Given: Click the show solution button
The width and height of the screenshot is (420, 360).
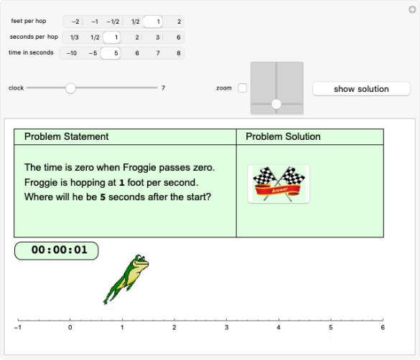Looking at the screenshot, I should pos(361,89).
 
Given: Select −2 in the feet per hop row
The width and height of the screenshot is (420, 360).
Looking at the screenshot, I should pos(74,22).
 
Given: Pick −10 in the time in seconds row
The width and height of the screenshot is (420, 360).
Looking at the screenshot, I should pos(72,52).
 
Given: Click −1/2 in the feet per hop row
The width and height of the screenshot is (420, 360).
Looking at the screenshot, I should pos(113,22).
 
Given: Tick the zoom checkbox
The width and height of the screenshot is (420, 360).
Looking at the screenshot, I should pos(242,88).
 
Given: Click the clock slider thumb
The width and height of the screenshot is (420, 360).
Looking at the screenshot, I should pos(70,87).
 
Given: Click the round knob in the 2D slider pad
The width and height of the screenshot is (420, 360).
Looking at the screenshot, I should pos(276,104).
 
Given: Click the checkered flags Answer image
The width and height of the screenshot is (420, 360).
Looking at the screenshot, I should pos(279,184).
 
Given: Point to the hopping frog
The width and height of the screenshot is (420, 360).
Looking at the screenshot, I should pos(127,278).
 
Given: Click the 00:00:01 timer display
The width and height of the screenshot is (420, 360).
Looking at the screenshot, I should pos(56,250).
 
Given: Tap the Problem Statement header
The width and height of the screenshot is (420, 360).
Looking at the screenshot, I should pos(66,136).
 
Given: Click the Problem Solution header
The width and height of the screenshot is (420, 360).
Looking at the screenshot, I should pos(283,136).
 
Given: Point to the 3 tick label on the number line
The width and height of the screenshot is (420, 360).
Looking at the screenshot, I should pos(227,328).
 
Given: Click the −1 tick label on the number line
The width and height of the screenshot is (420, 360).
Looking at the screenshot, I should pos(17,328).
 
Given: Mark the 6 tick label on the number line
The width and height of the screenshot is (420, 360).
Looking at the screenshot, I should pos(383,328).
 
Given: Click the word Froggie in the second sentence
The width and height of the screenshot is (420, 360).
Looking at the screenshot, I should pos(44,182).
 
